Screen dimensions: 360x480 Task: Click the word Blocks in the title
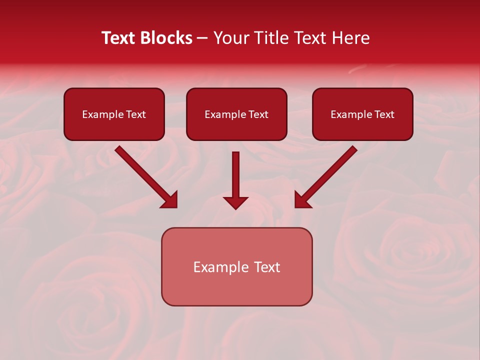coord(165,38)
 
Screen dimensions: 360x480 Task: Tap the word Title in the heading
coord(268,38)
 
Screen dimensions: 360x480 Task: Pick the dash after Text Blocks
coord(202,38)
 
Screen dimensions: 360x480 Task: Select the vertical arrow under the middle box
coord(235,175)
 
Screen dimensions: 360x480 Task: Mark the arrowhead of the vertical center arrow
coord(235,202)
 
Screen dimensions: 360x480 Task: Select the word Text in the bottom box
coord(267,267)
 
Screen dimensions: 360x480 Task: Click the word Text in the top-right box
coord(384,114)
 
